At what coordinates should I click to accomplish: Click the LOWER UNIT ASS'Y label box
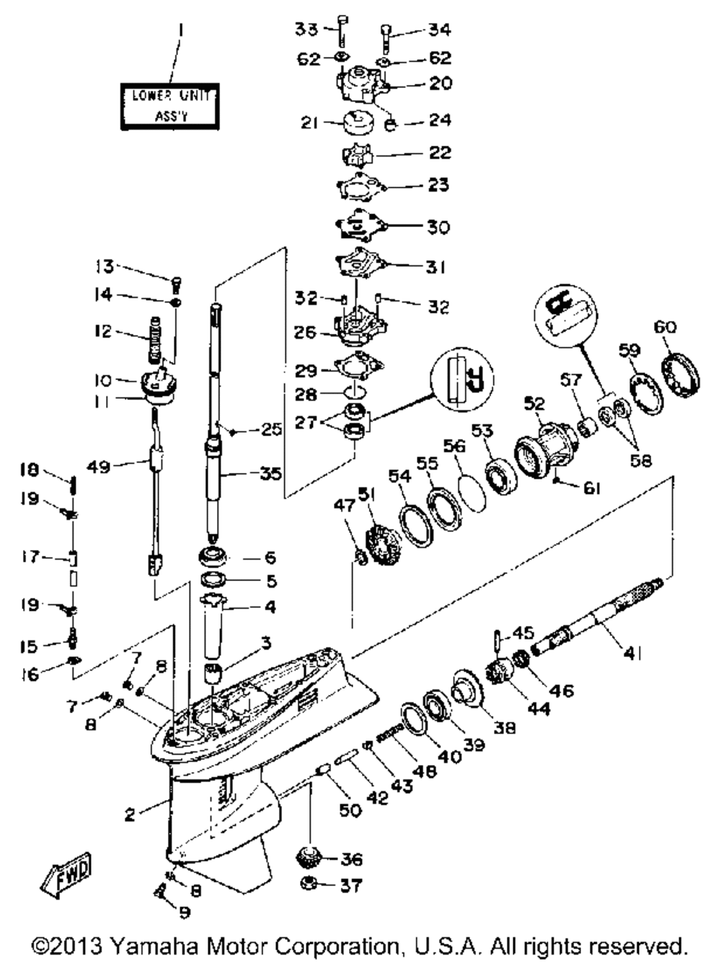[170, 106]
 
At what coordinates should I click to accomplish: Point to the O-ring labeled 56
[472, 494]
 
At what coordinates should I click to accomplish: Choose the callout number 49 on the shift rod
[98, 466]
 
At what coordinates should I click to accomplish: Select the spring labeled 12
[155, 340]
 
